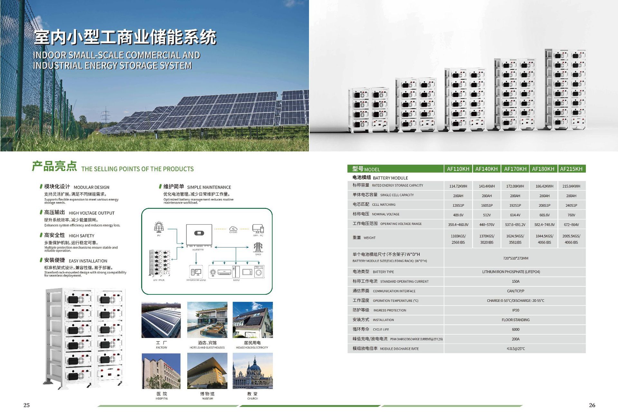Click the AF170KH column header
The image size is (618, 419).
tap(515, 169)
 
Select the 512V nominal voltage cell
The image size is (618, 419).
tap(487, 215)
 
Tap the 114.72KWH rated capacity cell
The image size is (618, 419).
tap(458, 186)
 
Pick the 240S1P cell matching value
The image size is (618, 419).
tap(571, 205)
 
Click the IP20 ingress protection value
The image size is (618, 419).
tap(515, 310)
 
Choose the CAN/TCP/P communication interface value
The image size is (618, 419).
tap(515, 291)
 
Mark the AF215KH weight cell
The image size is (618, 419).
tap(571, 239)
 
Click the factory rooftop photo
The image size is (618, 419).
tap(161, 320)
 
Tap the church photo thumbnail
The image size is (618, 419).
tap(253, 371)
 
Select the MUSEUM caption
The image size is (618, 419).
tap(207, 399)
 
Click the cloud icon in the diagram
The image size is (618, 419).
tap(233, 228)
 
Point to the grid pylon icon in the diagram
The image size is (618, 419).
tap(258, 247)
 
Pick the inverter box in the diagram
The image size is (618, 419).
tap(199, 235)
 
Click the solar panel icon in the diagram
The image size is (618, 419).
tap(159, 227)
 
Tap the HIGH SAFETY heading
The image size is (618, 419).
tap(81, 236)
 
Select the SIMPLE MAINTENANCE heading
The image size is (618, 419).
tap(209, 187)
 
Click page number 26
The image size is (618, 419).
tap(592, 405)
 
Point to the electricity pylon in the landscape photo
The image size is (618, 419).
tap(105, 116)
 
